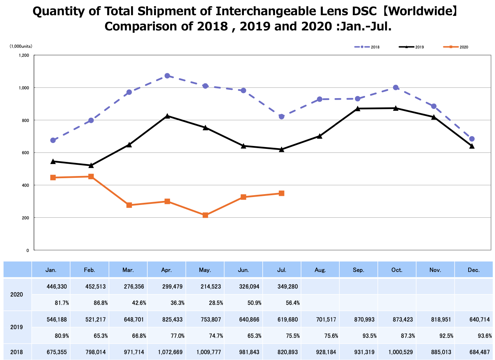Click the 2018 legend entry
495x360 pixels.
(367, 47)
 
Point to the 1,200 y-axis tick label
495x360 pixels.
(24, 55)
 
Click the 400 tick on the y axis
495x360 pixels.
(25, 185)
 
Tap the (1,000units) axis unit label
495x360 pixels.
(21, 46)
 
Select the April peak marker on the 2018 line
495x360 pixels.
(167, 76)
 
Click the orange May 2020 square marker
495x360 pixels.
(206, 215)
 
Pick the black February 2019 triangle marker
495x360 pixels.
(91, 165)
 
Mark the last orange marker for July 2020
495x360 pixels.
(282, 193)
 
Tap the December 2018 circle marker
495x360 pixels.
(472, 139)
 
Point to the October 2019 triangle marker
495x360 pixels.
(396, 108)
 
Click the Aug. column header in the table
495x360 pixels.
(320, 270)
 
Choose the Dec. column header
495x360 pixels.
(474, 270)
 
